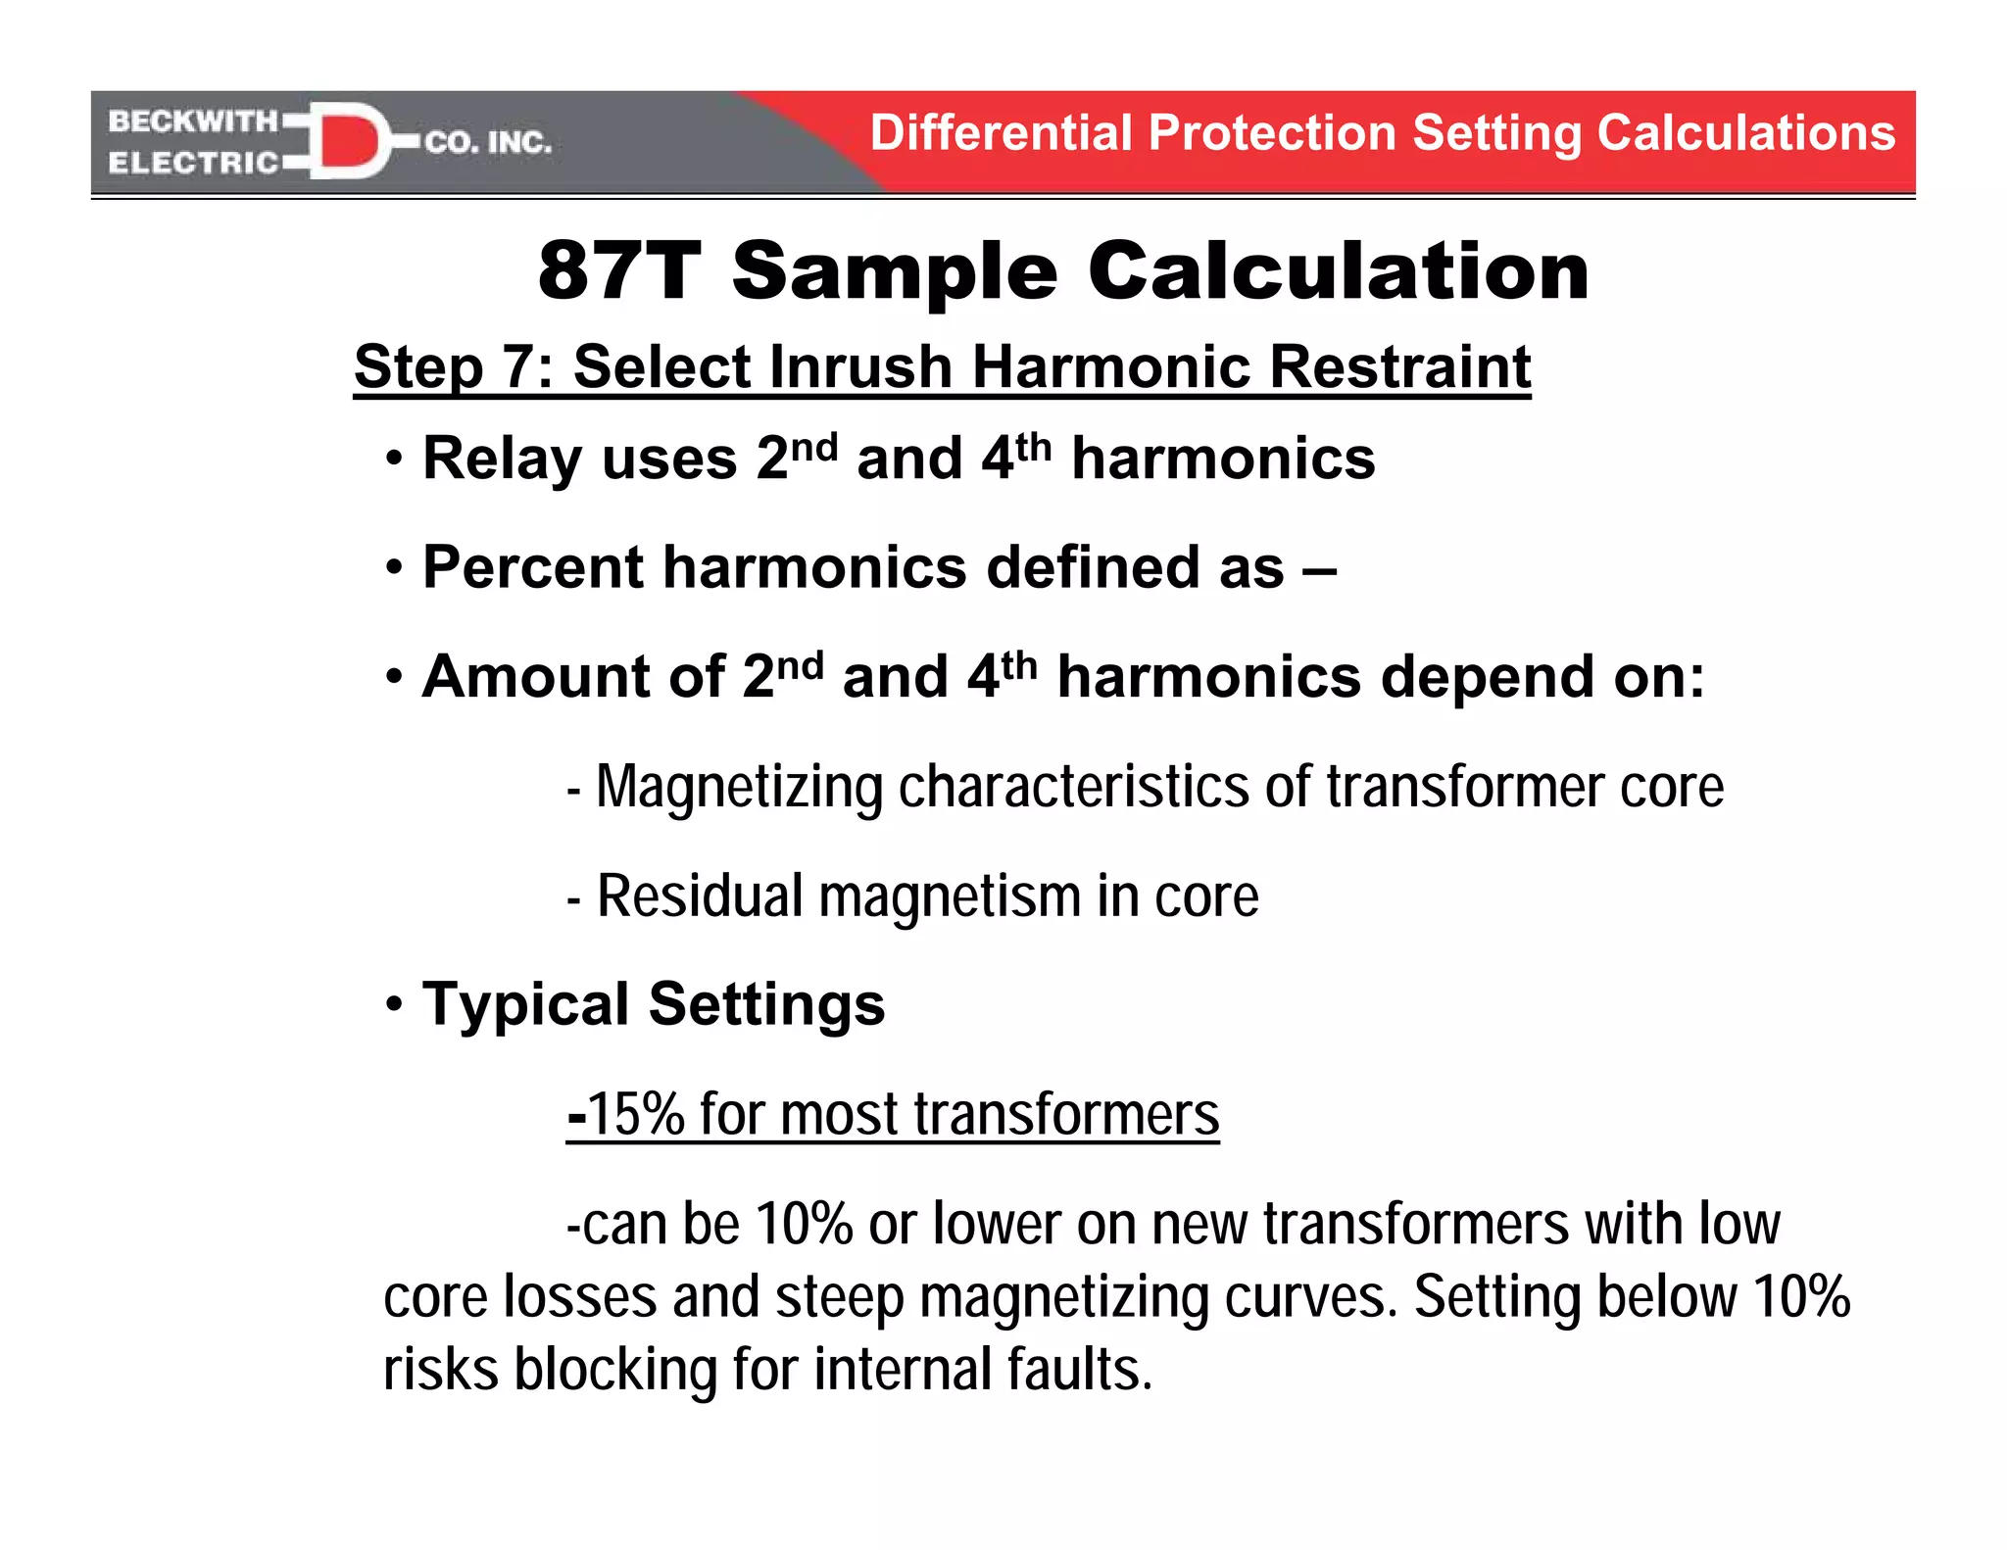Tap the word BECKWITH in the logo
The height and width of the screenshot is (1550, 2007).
point(193,121)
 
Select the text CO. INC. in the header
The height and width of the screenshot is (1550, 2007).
point(488,143)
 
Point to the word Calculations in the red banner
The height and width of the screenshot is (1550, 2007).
point(1745,133)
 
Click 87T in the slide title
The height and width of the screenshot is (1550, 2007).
point(619,270)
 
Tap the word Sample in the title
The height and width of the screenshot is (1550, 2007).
point(894,272)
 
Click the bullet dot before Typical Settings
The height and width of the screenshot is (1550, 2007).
point(394,1003)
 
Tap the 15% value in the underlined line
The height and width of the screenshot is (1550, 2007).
point(635,1114)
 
